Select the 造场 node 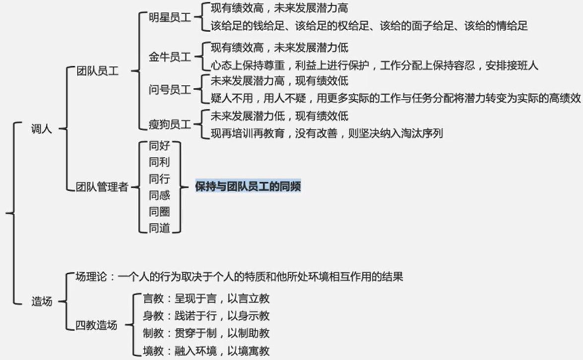click(x=41, y=301)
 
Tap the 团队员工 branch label click(x=98, y=71)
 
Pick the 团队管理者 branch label click(x=102, y=187)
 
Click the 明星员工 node click(x=170, y=17)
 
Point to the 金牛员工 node click(x=170, y=57)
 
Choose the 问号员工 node click(x=170, y=90)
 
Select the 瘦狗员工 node click(x=170, y=124)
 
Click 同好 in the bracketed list click(x=159, y=147)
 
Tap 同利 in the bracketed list click(x=159, y=163)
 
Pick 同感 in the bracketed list click(x=159, y=196)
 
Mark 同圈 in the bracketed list click(x=159, y=212)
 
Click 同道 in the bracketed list click(x=159, y=228)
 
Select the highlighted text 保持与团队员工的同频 click(x=248, y=186)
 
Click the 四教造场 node click(x=96, y=326)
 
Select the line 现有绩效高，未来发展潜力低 click(x=279, y=48)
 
